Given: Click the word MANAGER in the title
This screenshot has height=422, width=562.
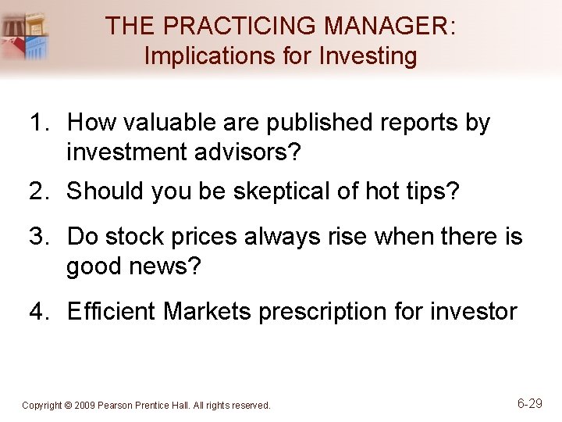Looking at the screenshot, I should [x=386, y=25].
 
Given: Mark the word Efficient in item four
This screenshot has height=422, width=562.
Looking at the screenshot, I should [x=112, y=312].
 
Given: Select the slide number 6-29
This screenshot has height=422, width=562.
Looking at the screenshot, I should [x=529, y=403].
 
